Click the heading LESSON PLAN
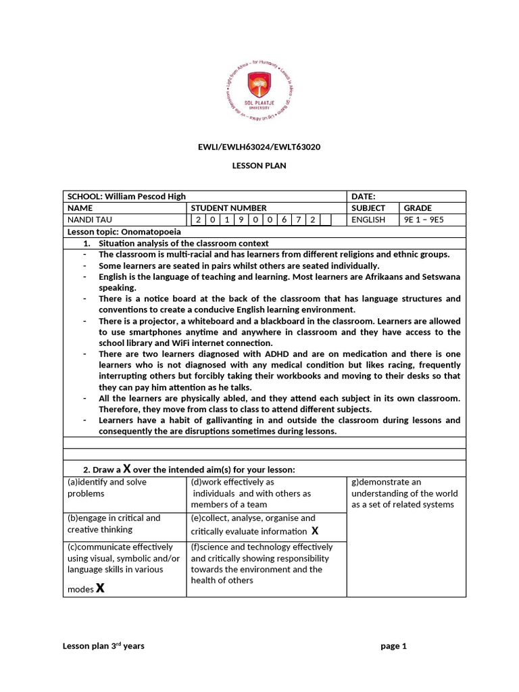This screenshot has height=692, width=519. [259, 166]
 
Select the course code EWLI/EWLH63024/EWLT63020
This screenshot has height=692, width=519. [259, 147]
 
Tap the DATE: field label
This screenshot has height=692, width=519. [364, 196]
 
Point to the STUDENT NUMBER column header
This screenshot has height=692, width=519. [228, 208]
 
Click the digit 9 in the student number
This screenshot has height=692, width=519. [241, 220]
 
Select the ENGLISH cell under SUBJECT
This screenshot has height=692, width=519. [368, 220]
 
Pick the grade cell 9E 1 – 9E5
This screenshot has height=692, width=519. [424, 220]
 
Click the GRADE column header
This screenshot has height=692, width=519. [418, 208]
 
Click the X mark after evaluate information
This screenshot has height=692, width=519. [314, 530]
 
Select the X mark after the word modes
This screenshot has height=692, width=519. [100, 588]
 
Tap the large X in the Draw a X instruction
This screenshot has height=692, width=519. [126, 469]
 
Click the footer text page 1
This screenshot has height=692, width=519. [393, 646]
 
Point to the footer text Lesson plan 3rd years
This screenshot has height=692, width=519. [103, 646]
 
